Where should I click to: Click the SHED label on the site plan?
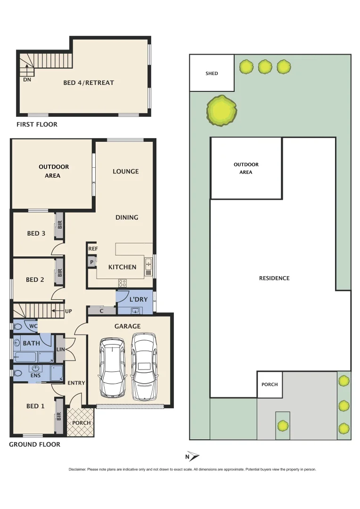[212, 74]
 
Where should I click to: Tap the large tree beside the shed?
[221, 111]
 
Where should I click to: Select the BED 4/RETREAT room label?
[89, 82]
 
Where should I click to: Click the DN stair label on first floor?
[27, 80]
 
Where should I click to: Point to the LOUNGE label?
[125, 171]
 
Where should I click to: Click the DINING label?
[127, 217]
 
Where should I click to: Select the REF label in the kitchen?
[92, 248]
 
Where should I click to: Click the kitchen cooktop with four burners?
[122, 283]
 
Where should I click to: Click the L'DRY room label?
[138, 299]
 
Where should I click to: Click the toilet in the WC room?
[18, 326]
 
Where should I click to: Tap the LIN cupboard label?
[60, 349]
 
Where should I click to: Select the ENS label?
[36, 376]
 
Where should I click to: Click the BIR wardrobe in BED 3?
[60, 225]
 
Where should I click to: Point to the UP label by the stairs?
[68, 311]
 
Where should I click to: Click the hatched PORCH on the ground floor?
[81, 422]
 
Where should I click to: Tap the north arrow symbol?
[193, 456]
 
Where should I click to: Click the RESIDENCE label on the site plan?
[274, 278]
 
